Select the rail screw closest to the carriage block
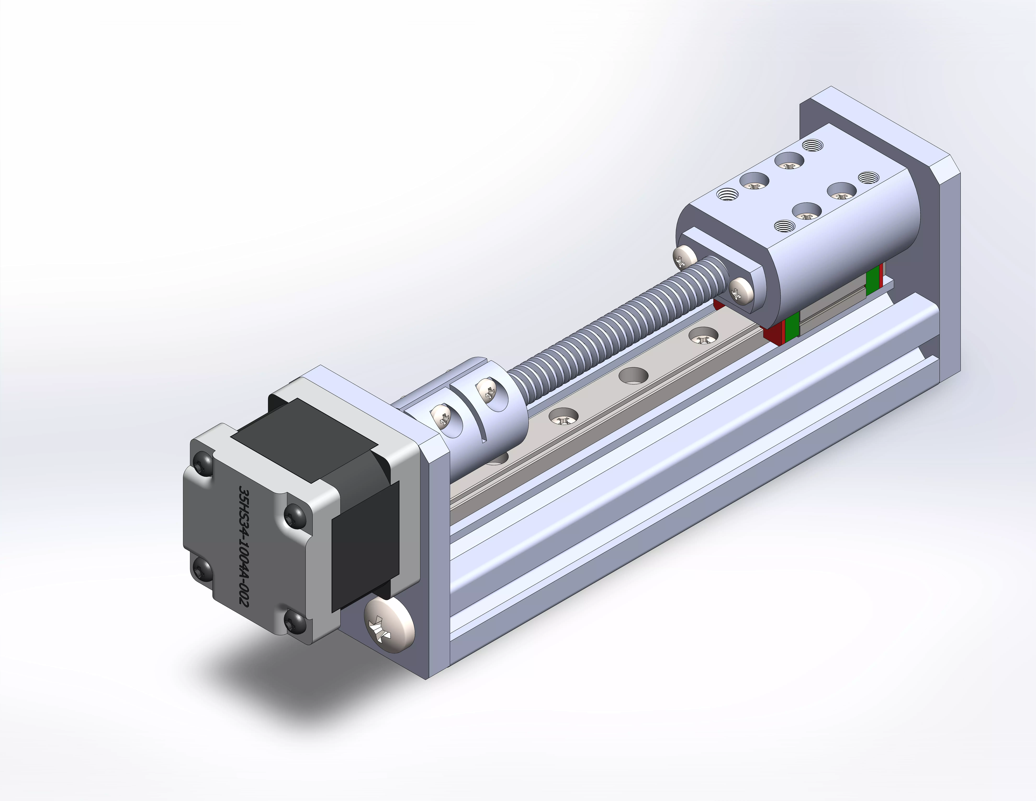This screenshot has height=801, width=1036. [x=703, y=338]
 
